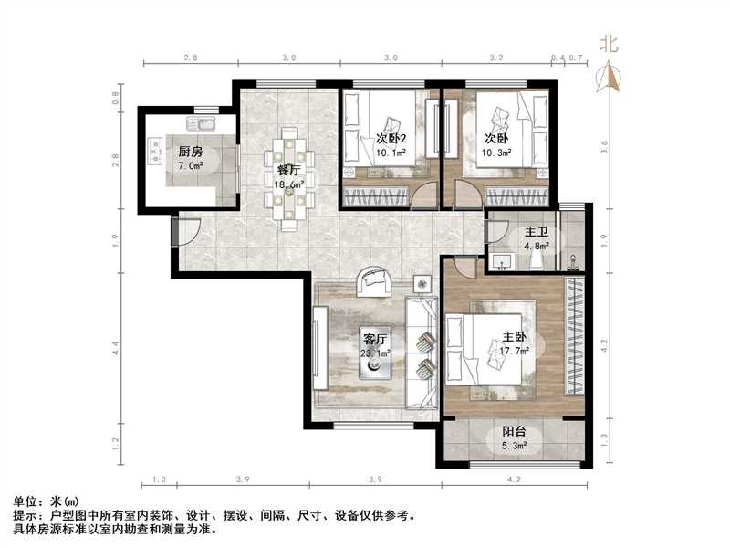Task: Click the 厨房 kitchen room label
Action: pos(191,153)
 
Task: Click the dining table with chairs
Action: pos(293,179)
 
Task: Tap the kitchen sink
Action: pos(201,121)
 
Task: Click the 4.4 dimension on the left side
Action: pos(117,346)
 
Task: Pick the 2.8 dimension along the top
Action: pos(190,57)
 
